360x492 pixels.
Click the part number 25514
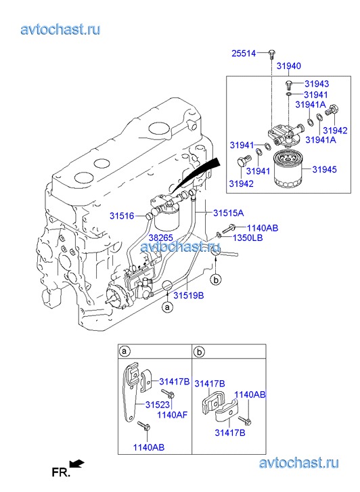click(x=244, y=53)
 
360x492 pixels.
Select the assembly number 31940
click(x=288, y=66)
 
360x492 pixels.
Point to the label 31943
click(x=317, y=84)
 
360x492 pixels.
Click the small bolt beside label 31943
click(x=289, y=85)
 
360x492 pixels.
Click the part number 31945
click(x=324, y=170)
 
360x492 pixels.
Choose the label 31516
click(x=122, y=216)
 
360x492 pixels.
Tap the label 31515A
click(x=228, y=213)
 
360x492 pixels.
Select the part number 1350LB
click(x=248, y=238)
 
